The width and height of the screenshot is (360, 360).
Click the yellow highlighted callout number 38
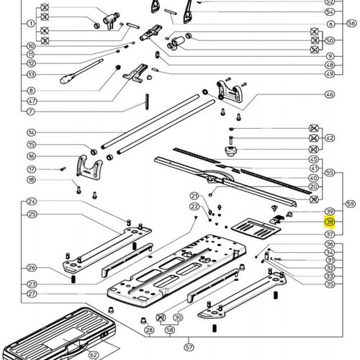(x=330, y=222)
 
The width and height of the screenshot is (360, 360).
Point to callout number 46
(x=330, y=94)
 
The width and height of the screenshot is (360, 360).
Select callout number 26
(x=31, y=268)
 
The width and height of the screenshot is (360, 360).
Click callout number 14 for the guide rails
(x=31, y=133)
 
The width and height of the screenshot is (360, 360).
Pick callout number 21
(x=194, y=196)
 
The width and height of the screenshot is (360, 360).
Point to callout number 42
(x=330, y=138)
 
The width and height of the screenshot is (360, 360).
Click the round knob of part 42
(x=231, y=152)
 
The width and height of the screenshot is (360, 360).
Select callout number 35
(x=330, y=284)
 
